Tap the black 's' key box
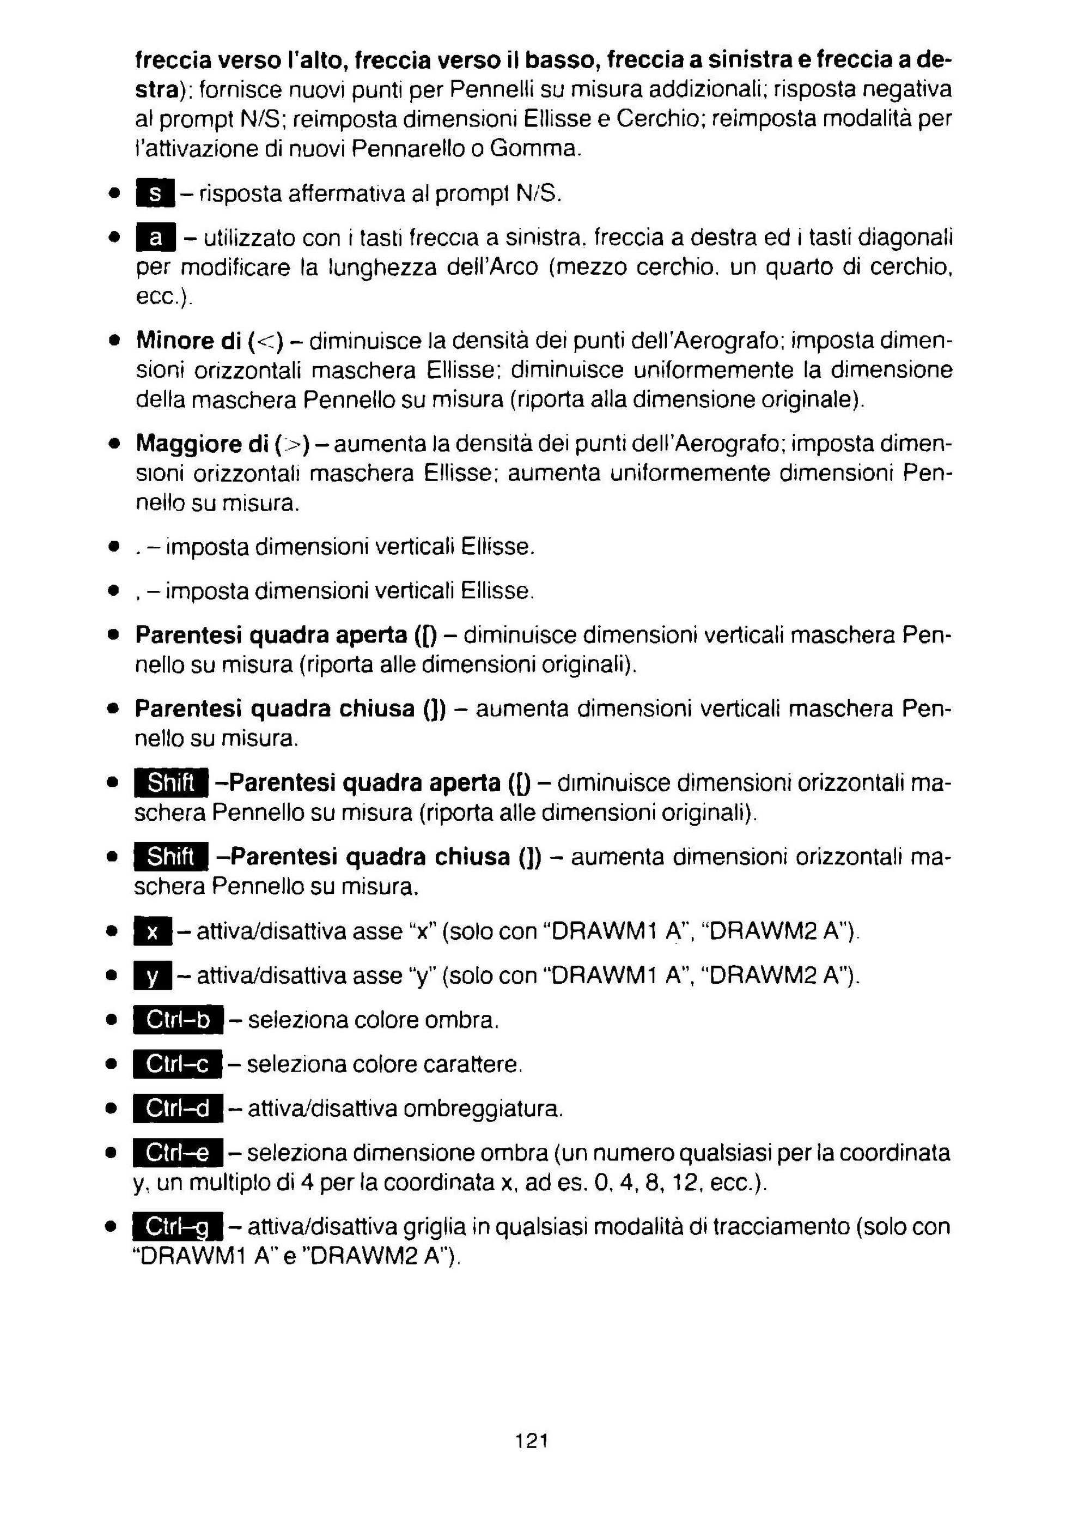point(154,193)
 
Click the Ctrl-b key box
point(178,1020)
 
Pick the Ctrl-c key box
point(178,1065)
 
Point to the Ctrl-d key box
point(178,1109)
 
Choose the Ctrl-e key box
point(178,1153)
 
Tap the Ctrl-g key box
point(178,1227)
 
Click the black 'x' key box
point(153,932)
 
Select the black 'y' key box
point(153,976)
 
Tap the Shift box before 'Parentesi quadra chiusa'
point(172,857)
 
